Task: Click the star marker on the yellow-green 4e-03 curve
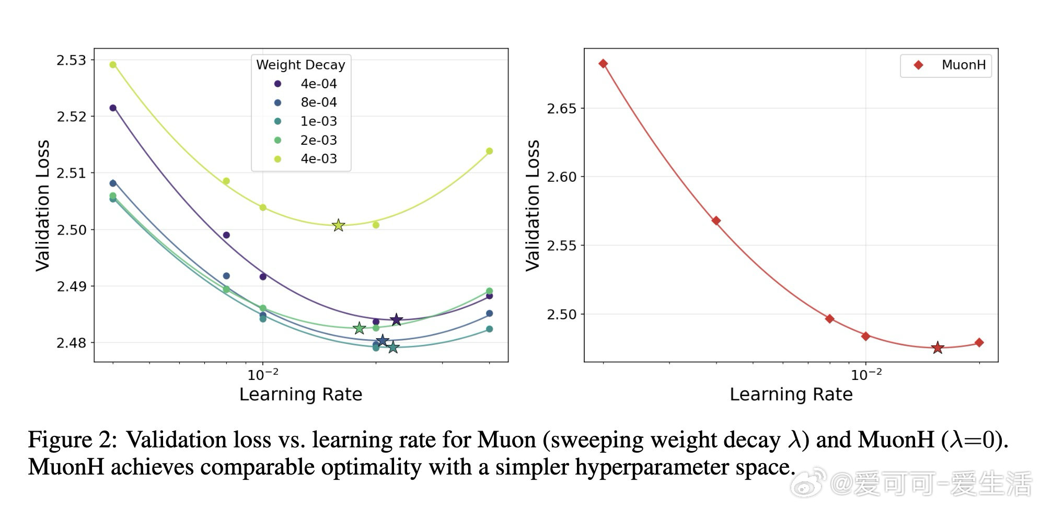339,225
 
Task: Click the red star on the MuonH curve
938,348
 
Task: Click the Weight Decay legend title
300,65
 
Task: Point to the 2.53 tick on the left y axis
71,61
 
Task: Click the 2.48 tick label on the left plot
71,343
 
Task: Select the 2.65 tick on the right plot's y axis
561,109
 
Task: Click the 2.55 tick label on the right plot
561,246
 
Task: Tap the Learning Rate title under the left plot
300,394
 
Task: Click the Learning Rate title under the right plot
791,394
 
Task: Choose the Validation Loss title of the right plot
533,205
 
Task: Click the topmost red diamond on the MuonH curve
603,64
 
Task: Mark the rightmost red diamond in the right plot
979,343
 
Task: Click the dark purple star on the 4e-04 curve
396,319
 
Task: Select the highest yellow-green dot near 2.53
113,65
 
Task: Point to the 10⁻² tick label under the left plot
263,374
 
